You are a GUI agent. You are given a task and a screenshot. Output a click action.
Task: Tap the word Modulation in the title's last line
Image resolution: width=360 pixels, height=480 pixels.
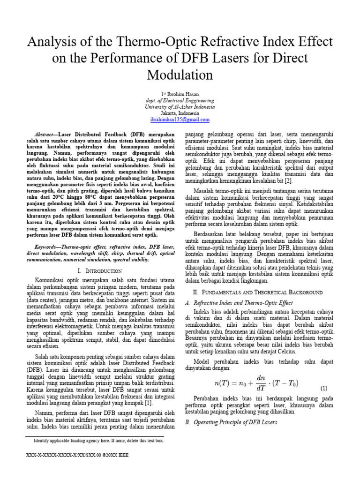[x=180, y=75]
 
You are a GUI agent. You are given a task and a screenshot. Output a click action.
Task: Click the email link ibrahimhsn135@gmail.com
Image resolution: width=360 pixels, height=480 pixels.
[x=180, y=120]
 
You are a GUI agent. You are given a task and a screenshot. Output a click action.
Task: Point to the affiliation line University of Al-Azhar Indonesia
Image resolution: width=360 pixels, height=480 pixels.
[x=180, y=107]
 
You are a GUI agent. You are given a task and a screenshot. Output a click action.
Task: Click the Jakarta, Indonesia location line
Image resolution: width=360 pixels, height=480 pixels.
[x=180, y=113]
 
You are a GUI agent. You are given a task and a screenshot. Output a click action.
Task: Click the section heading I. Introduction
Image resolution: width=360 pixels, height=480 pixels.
[x=100, y=271]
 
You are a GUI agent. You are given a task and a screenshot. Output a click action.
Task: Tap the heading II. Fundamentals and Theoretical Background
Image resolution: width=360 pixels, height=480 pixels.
[x=258, y=292]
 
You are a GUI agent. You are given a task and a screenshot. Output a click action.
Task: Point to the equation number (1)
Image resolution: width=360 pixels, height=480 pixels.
[x=323, y=389]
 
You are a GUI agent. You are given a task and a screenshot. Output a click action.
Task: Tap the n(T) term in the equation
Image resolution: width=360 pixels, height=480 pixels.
[x=223, y=383]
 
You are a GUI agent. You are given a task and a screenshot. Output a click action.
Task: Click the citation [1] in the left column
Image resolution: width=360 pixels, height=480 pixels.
[x=148, y=403]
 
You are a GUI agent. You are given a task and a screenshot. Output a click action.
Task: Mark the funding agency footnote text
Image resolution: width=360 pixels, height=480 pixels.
[x=98, y=441]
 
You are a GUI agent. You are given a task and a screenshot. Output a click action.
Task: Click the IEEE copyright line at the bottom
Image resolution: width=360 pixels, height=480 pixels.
[x=78, y=455]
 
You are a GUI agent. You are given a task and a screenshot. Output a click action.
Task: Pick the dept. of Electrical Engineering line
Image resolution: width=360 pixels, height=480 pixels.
[x=180, y=100]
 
